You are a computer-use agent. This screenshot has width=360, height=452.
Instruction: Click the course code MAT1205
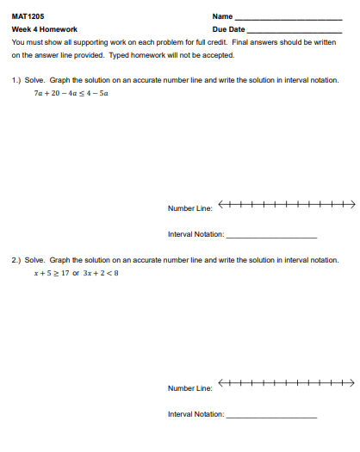coord(28,15)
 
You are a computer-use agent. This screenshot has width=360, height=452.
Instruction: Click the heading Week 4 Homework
coord(45,28)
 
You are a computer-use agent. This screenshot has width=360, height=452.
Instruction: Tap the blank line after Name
coord(289,17)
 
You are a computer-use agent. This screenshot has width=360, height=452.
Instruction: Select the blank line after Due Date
coord(295,30)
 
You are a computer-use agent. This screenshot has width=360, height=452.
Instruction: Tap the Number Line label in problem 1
coord(189,208)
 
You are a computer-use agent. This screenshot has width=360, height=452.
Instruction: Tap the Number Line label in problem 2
coord(189,388)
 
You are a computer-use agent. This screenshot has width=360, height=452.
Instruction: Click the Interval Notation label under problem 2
coord(196,414)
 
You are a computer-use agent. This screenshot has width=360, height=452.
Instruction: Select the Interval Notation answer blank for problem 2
coord(270,417)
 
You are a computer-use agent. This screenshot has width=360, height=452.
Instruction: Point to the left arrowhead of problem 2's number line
coord(222,383)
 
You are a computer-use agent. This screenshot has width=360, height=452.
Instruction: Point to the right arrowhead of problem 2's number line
coord(351,383)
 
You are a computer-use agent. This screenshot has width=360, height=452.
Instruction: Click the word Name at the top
coord(222,15)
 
